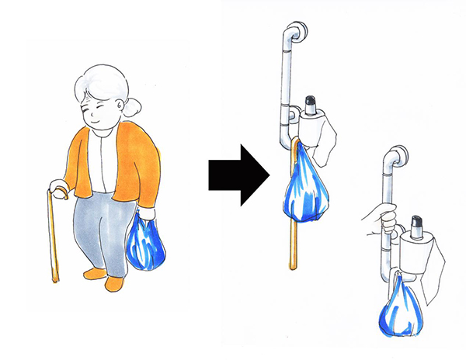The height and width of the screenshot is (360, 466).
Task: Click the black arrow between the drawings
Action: (237, 176)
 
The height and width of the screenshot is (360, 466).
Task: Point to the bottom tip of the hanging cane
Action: (294, 267)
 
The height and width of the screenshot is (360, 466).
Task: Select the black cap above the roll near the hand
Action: (417, 224)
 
